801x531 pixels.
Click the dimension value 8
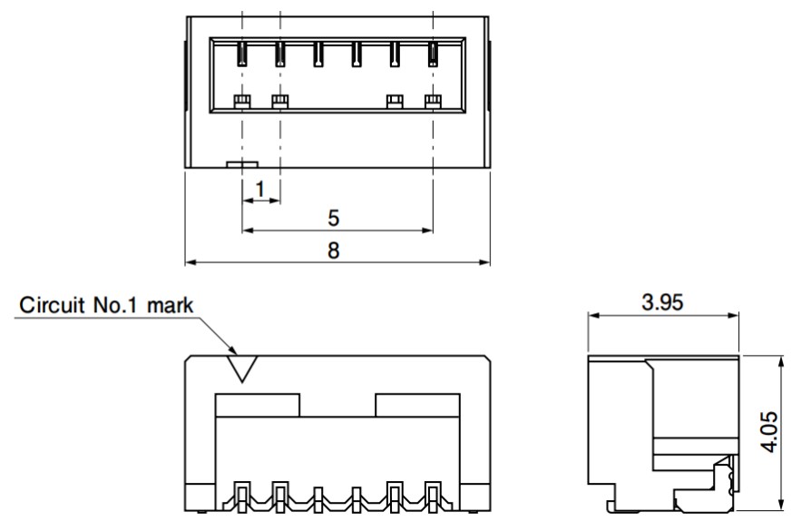click(x=333, y=251)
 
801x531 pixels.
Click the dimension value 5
click(x=333, y=218)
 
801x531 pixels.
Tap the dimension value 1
click(x=260, y=189)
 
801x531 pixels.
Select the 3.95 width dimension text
click(x=662, y=302)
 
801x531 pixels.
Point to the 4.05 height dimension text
click(x=769, y=432)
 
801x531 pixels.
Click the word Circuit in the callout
click(x=52, y=305)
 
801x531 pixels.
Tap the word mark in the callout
click(x=171, y=306)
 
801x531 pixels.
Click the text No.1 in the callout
click(x=115, y=305)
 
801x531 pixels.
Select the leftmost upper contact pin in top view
click(x=241, y=54)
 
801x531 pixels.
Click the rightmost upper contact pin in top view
click(x=433, y=54)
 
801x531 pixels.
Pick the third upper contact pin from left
click(x=317, y=54)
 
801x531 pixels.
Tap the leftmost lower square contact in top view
click(x=241, y=101)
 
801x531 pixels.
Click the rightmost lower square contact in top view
click(x=433, y=101)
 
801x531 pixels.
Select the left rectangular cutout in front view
click(x=258, y=405)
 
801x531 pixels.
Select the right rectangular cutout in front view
click(x=418, y=405)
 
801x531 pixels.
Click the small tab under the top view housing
click(x=242, y=164)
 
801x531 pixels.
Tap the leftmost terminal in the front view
click(x=241, y=497)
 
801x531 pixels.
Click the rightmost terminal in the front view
click(x=433, y=497)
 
